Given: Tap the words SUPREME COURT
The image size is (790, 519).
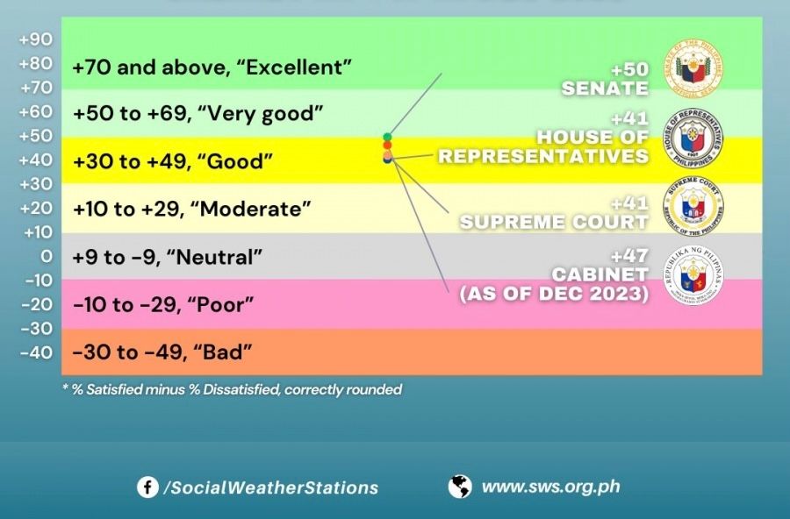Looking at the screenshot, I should coord(554,222).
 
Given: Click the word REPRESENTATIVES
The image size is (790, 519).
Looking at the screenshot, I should coord(543,156).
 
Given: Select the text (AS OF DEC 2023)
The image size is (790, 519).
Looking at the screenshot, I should coord(554,295).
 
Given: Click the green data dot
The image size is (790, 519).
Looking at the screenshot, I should coord(387,137).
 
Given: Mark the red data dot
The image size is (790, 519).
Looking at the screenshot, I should coord(387,146).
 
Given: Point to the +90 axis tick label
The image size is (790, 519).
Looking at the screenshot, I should coord(35,39).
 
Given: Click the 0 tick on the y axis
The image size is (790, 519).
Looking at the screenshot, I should coord(46,256).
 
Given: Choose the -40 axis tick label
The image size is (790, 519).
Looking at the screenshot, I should coord(35,352).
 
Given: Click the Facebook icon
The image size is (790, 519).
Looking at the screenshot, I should coord(147,487).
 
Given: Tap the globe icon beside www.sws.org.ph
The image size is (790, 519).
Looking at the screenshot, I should coord(459,487).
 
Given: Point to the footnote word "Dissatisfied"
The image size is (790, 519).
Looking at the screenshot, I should coord(239,389).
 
